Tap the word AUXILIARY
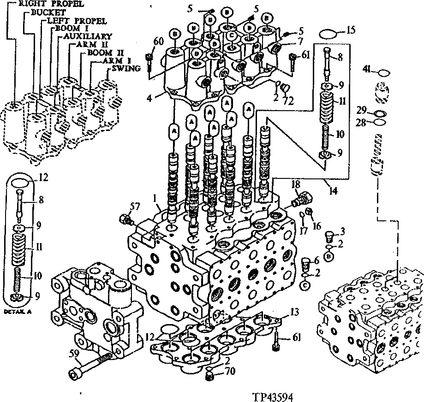click(x=82, y=35)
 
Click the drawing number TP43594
click(x=273, y=396)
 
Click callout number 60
click(x=158, y=42)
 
